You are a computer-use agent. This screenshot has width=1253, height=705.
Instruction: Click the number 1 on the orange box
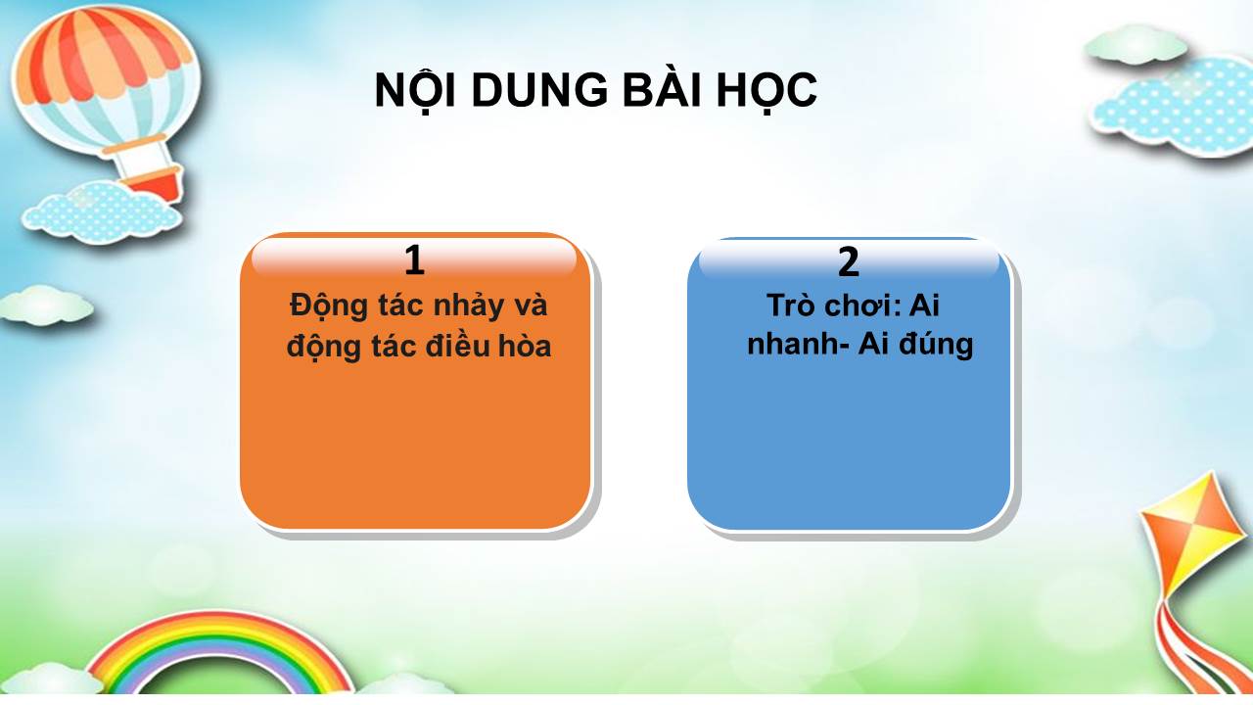point(414,260)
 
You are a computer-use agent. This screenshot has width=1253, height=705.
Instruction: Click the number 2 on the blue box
point(848,261)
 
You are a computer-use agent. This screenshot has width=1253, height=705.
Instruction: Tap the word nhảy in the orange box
point(469,307)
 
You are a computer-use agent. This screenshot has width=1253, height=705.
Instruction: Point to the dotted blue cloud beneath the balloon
point(102,212)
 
